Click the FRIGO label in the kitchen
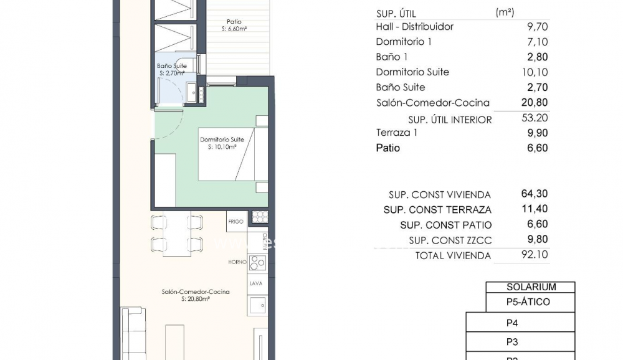pyautogui.click(x=235, y=221)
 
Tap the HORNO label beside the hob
pyautogui.click(x=237, y=262)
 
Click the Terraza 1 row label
pyautogui.click(x=397, y=133)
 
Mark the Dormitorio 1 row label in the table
pyautogui.click(x=404, y=42)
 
